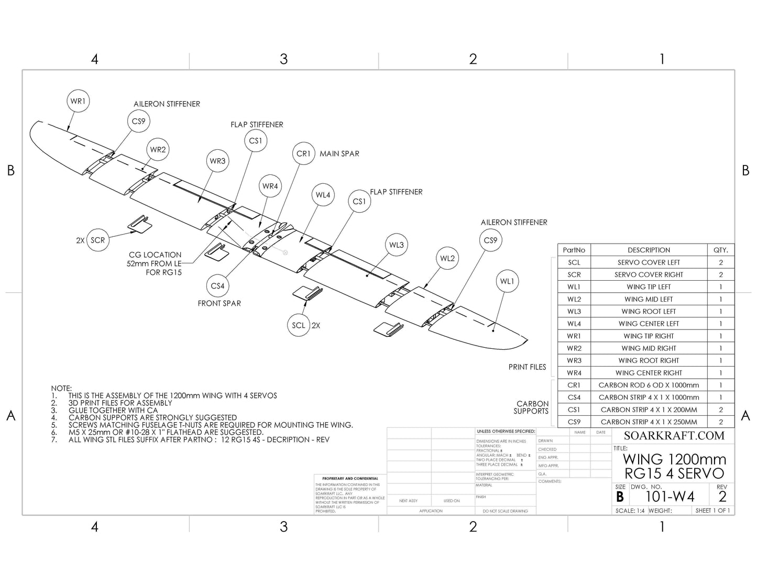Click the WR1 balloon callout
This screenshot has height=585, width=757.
[78, 101]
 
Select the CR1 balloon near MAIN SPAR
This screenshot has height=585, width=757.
[304, 153]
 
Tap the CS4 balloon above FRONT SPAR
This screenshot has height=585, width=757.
[217, 286]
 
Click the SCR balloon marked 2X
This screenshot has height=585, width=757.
[97, 240]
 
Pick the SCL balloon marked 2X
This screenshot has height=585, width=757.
[298, 325]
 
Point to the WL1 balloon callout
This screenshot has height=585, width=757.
[507, 281]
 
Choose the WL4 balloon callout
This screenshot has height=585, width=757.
[323, 195]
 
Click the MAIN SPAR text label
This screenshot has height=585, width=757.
[339, 153]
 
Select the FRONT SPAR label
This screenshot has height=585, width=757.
[219, 303]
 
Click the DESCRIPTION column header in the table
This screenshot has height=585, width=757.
[649, 250]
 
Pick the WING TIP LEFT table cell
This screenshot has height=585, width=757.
[649, 287]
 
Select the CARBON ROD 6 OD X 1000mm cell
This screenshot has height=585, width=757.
[649, 385]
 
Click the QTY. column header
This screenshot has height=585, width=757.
[721, 250]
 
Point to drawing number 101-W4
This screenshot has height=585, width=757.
[670, 496]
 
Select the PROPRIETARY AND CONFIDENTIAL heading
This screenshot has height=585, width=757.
[350, 479]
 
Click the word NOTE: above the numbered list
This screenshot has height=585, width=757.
[61, 388]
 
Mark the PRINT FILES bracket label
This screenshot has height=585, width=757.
[527, 367]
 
